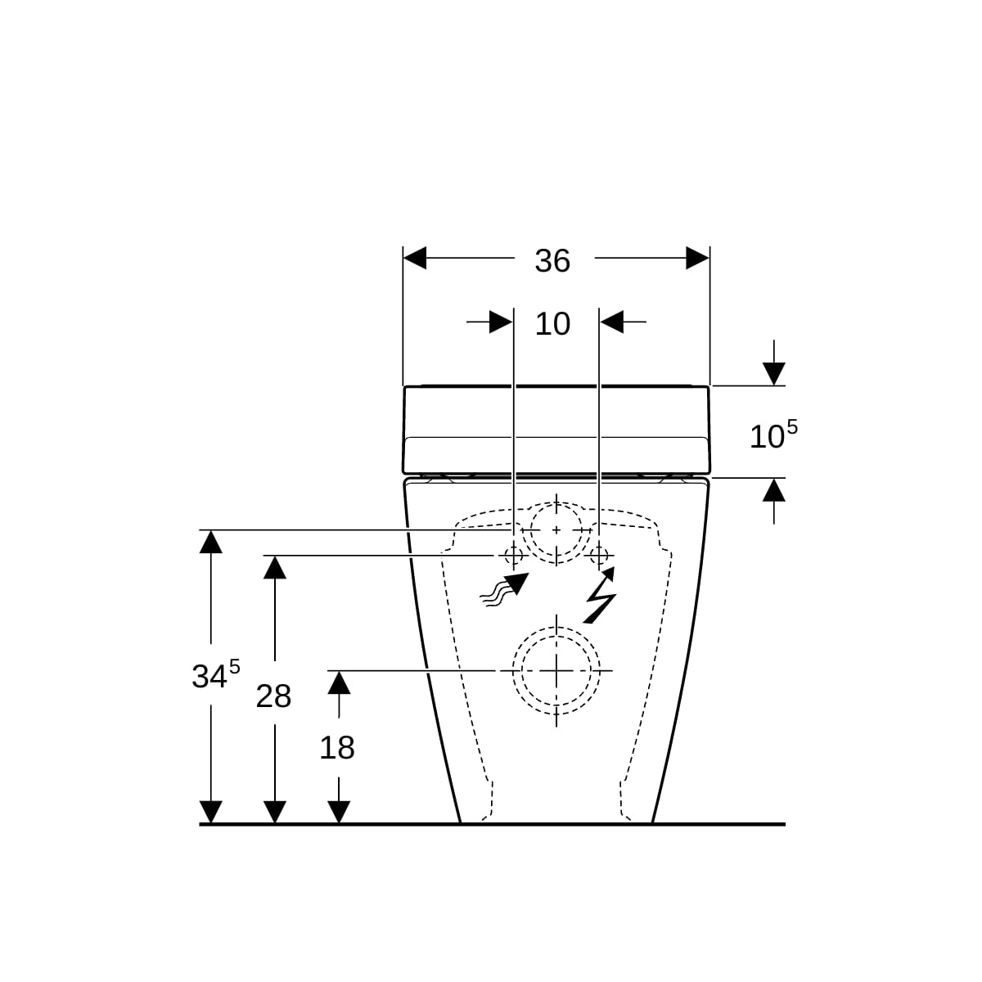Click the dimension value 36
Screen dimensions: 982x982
pyautogui.click(x=552, y=260)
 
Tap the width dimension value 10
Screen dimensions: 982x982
pyautogui.click(x=552, y=323)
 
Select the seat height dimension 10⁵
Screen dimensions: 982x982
pyautogui.click(x=773, y=435)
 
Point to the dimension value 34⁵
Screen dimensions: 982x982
pyautogui.click(x=215, y=674)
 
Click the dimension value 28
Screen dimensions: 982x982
pyautogui.click(x=273, y=696)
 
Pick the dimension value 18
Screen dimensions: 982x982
pyautogui.click(x=337, y=748)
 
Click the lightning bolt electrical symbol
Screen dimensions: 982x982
pyautogui.click(x=600, y=595)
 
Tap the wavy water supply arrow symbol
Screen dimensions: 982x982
pyautogui.click(x=504, y=590)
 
